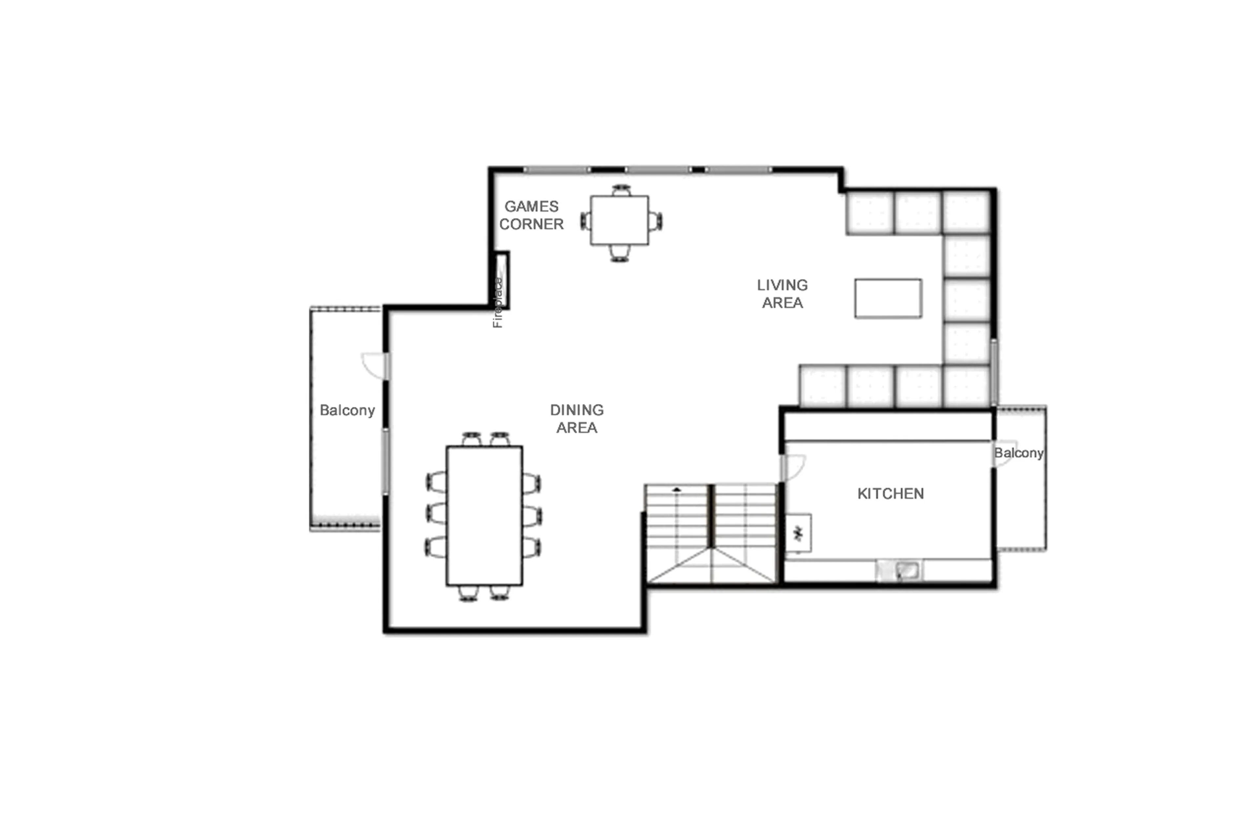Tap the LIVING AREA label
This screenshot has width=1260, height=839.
tap(782, 294)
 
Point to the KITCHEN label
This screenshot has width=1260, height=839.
tap(890, 493)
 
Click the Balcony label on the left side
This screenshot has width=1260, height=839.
tap(347, 410)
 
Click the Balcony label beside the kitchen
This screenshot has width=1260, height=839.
tap(1018, 453)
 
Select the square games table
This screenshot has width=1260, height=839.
tap(619, 220)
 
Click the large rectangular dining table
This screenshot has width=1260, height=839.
tap(484, 516)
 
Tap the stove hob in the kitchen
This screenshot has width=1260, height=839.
tap(798, 533)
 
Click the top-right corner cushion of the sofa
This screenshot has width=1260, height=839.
tap(965, 212)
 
